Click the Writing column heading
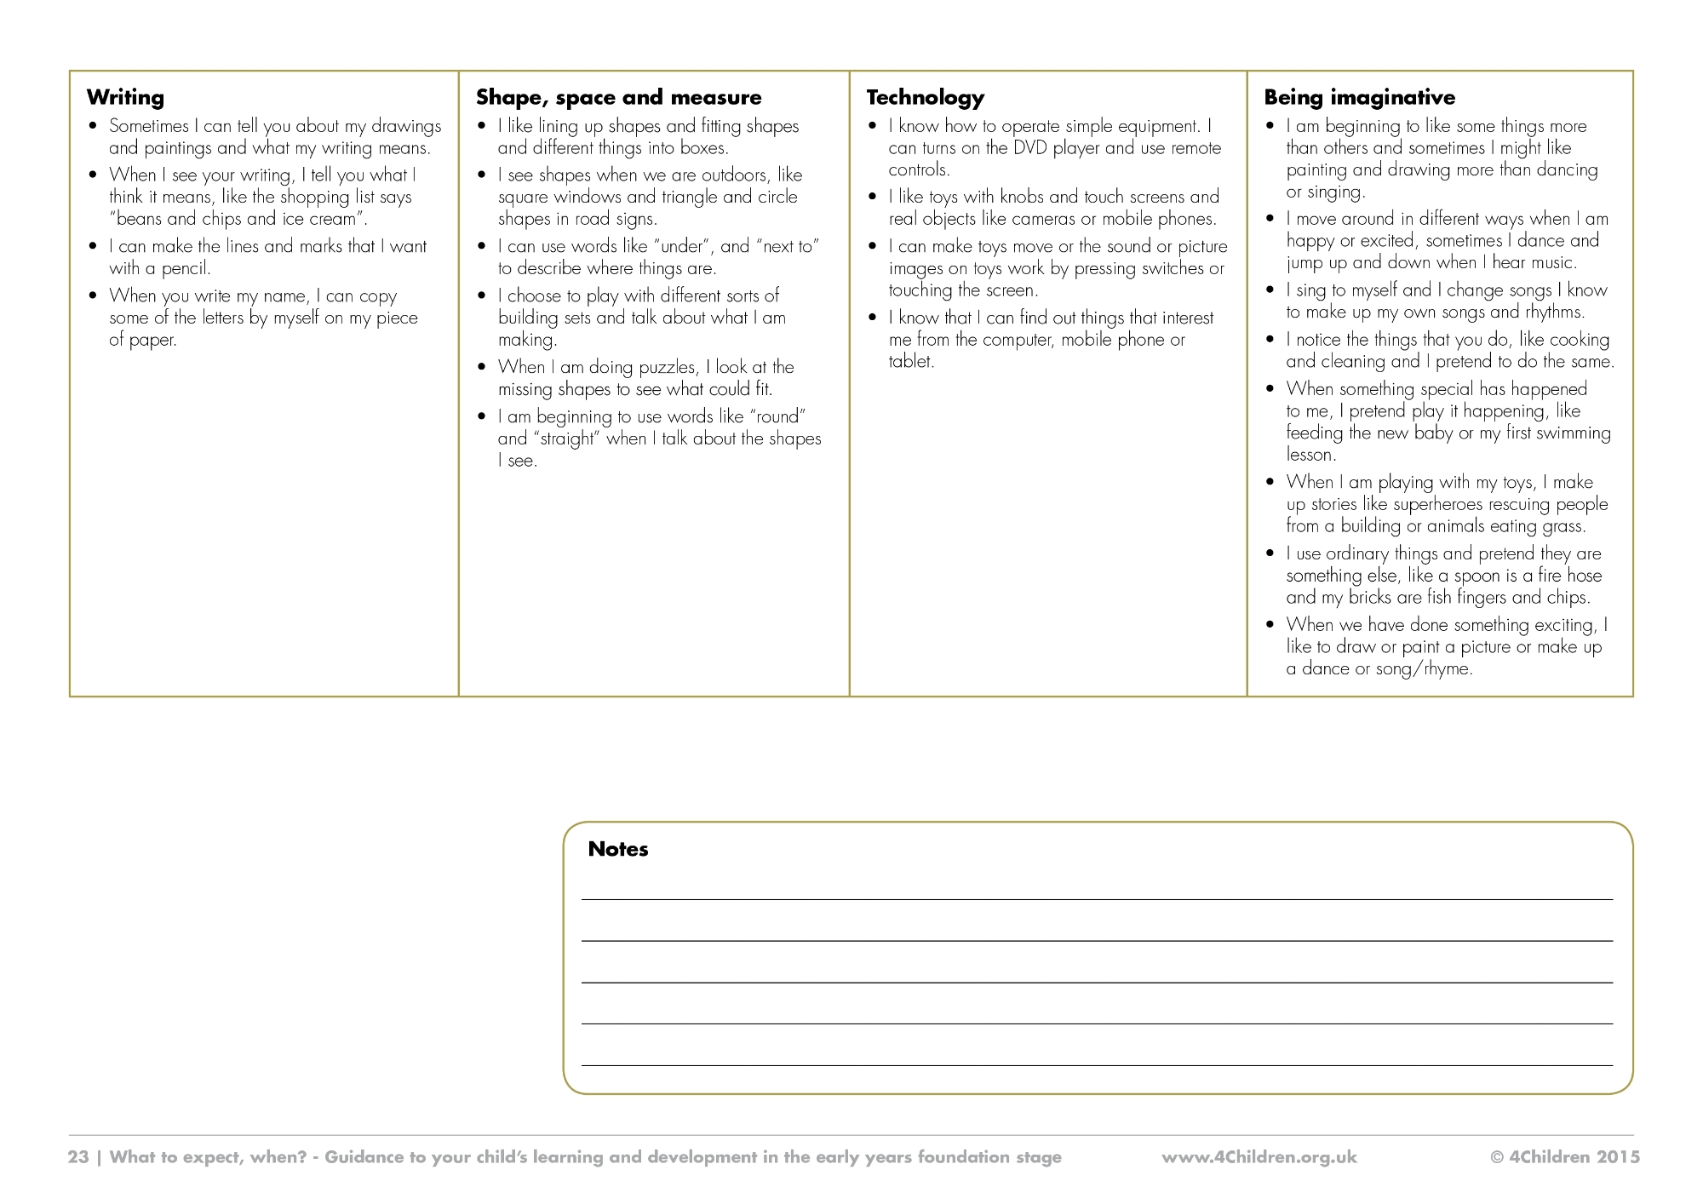(125, 98)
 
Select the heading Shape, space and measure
(618, 98)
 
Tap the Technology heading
(925, 98)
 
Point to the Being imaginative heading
(1359, 98)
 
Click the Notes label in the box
(618, 849)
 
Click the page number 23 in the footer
(78, 1157)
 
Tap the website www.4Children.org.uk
(1259, 1157)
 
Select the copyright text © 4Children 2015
(1565, 1157)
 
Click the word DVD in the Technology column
(1030, 148)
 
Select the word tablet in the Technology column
(910, 362)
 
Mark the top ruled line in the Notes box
(1097, 899)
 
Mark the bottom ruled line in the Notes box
(1097, 1065)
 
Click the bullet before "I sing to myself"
(1270, 290)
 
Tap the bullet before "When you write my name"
(93, 296)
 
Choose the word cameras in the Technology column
(1043, 220)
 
